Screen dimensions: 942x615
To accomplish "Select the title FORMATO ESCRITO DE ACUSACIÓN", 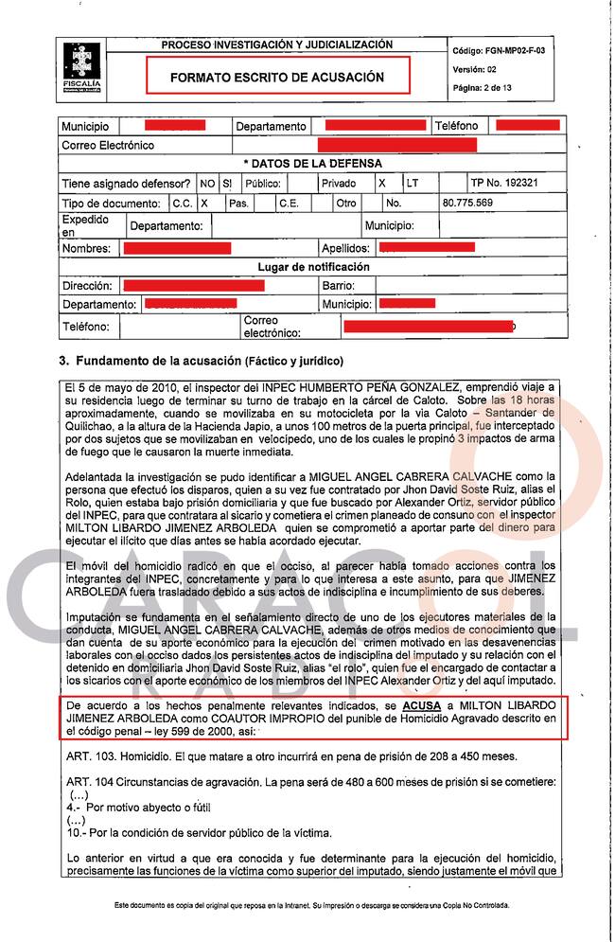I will tap(277, 77).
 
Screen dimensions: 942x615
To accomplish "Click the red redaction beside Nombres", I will tap(177, 248).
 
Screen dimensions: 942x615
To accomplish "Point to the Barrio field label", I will tap(338, 285).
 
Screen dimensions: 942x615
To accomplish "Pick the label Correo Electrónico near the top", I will tap(107, 145).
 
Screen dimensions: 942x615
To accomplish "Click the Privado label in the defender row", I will tap(339, 183).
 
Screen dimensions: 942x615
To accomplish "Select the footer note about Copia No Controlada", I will tap(312, 905).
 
